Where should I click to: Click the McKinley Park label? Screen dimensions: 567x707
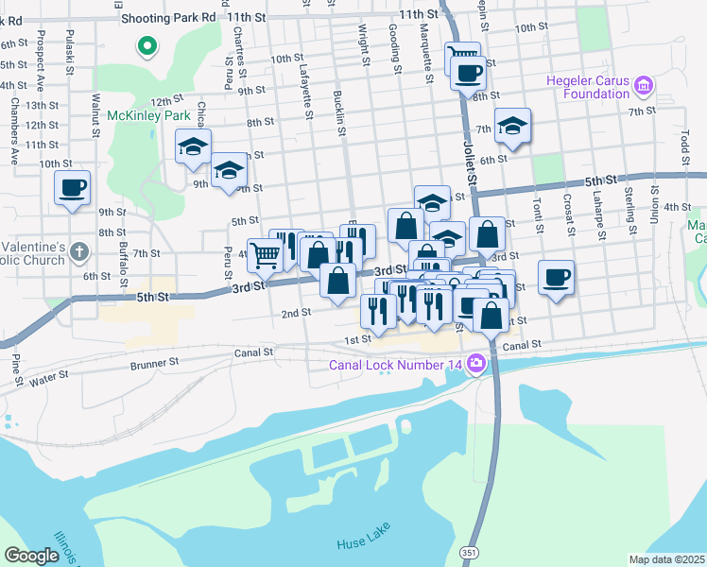(x=142, y=114)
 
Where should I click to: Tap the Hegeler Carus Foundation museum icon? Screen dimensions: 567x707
(x=646, y=86)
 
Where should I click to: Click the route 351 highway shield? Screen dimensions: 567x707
(x=470, y=551)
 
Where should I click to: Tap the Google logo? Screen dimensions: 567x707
(x=31, y=556)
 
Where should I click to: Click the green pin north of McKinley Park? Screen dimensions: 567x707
(x=147, y=44)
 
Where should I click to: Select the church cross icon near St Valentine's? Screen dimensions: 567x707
(x=79, y=252)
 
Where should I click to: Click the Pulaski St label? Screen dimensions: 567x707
(x=69, y=47)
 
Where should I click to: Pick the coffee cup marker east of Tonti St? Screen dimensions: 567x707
(x=556, y=276)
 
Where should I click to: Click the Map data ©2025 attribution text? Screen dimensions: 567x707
(x=667, y=559)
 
